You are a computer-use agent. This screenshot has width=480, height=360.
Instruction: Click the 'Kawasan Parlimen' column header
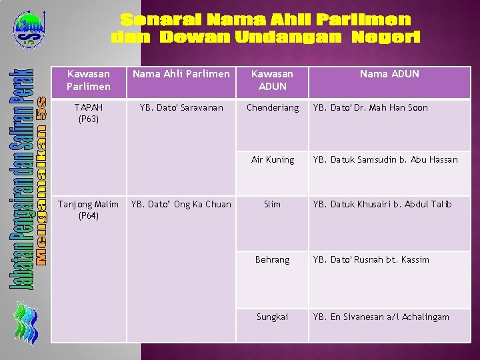89,80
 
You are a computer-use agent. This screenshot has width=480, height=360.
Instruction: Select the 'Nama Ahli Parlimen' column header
181,74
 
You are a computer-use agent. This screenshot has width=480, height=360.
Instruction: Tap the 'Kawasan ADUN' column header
272,80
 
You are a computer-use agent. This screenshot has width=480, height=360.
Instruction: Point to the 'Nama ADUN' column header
389,74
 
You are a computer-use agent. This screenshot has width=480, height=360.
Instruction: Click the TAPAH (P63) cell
89,113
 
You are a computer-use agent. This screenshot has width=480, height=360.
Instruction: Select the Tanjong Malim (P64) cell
89,210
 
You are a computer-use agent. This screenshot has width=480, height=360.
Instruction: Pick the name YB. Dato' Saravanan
181,108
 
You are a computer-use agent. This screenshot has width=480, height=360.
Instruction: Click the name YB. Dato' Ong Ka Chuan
181,205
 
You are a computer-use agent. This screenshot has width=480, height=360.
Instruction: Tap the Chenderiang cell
272,108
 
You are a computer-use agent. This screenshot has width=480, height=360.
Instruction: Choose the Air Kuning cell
272,160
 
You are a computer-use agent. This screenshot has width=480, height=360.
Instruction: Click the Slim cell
272,205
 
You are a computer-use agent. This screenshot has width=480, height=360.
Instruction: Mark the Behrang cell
272,260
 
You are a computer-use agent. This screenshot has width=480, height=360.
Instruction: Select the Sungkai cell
272,317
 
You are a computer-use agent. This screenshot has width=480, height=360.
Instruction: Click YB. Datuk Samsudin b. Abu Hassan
385,160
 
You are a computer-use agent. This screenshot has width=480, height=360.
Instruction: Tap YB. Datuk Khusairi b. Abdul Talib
383,205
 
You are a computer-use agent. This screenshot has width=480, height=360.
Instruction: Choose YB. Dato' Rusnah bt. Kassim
371,260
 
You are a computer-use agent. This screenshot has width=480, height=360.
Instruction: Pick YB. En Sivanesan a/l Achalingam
381,317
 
